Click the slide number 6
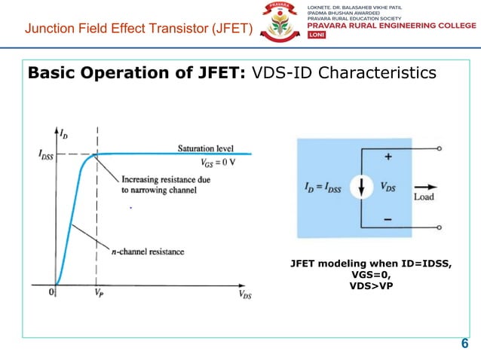tap(464, 345)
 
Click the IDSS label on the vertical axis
tap(38, 154)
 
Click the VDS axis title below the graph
tap(245, 294)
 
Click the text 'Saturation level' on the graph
tap(205, 148)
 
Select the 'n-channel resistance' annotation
tap(149, 250)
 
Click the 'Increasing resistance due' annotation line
tap(167, 180)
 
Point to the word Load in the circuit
tap(424, 197)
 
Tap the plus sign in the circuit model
tap(389, 158)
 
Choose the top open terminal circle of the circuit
tap(439, 149)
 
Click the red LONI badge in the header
tap(314, 38)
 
